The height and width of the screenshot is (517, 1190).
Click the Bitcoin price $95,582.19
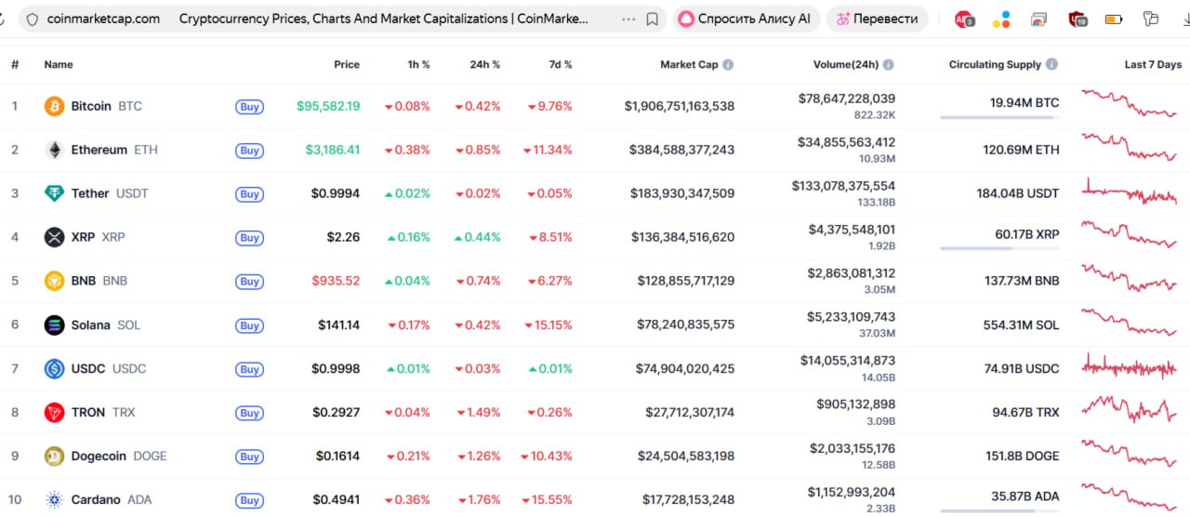pyautogui.click(x=328, y=106)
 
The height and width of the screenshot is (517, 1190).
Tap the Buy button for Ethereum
pyautogui.click(x=249, y=151)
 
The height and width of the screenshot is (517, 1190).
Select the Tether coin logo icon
pyautogui.click(x=55, y=193)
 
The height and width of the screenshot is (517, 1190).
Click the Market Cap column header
pyautogui.click(x=689, y=65)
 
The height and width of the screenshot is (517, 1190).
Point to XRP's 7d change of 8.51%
pyautogui.click(x=549, y=237)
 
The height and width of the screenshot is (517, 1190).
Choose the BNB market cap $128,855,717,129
pyautogui.click(x=685, y=281)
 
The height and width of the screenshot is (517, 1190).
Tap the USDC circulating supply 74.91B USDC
pyautogui.click(x=1022, y=368)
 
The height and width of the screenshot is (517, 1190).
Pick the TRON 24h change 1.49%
pyautogui.click(x=478, y=412)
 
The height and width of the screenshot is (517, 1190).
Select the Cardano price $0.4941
pyautogui.click(x=336, y=499)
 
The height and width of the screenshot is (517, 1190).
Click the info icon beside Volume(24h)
pyautogui.click(x=889, y=65)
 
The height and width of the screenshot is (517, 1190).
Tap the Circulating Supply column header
pyautogui.click(x=995, y=65)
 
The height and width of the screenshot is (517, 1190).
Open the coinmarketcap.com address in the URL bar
pyautogui.click(x=103, y=19)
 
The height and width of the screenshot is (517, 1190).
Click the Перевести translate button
pyautogui.click(x=877, y=19)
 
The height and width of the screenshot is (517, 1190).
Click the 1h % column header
pyautogui.click(x=418, y=65)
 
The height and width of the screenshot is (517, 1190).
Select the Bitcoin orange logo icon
pyautogui.click(x=55, y=106)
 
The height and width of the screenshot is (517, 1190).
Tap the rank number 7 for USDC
pyautogui.click(x=15, y=368)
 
